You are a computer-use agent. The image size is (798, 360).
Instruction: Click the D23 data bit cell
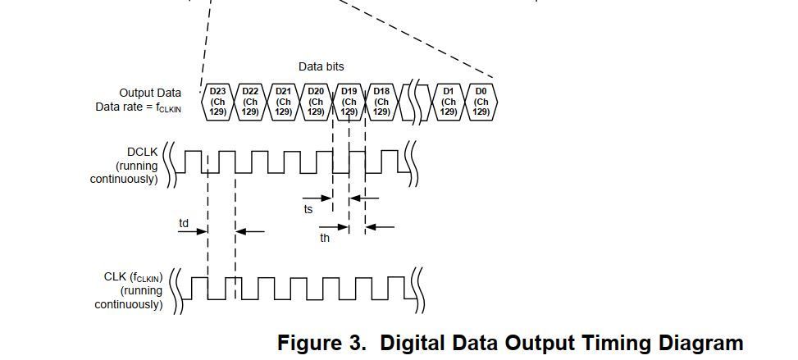pos(217,101)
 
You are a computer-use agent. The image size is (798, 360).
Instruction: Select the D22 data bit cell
pos(250,101)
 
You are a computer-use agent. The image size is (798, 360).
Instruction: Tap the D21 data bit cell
pos(283,101)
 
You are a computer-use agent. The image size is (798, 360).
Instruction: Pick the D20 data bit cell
pos(316,101)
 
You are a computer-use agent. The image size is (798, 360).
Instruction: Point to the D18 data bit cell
pos(381,101)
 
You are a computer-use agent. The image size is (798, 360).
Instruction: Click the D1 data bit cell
pos(449,101)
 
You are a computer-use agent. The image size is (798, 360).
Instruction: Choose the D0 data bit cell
pos(481,101)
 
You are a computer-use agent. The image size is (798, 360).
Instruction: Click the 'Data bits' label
pos(321,66)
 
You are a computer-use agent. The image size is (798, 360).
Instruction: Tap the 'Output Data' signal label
pos(150,93)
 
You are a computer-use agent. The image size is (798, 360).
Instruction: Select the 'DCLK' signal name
pos(143,152)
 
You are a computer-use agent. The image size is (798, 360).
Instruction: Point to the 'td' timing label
pos(184,223)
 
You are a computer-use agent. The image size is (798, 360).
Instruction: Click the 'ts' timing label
pos(308,209)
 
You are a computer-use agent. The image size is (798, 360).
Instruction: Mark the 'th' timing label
pos(325,239)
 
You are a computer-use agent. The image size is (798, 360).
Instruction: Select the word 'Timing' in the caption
pos(603,343)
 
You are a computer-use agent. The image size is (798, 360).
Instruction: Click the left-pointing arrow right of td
pos(251,232)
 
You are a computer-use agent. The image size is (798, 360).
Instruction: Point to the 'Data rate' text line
pos(138,107)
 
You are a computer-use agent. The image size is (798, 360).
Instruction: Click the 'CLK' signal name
pos(115,276)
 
